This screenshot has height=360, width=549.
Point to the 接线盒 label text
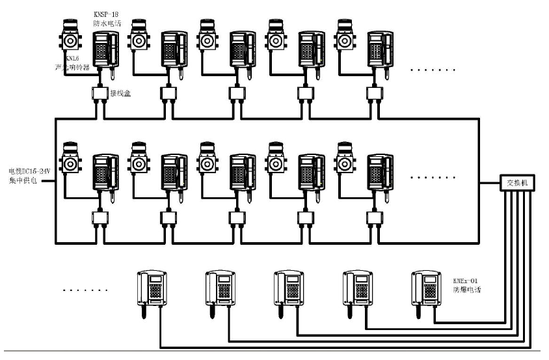(x=121, y=93)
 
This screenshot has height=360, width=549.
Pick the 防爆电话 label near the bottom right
(x=464, y=290)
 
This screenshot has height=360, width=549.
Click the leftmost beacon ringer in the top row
(x=70, y=38)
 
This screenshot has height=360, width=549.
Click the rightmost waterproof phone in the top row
(x=380, y=49)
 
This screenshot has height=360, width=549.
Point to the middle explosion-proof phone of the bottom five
(x=289, y=291)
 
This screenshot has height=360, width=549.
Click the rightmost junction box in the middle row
(x=374, y=215)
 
